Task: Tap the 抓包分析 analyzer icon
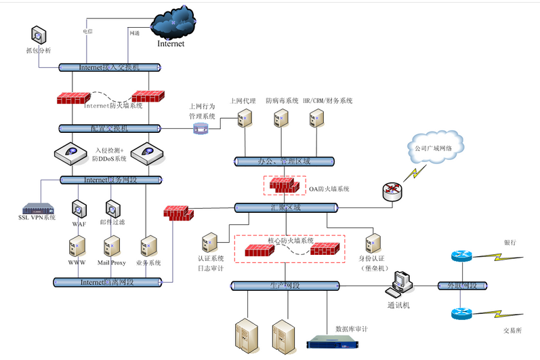click(38, 35)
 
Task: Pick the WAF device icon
click(77, 207)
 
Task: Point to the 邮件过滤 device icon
click(112, 207)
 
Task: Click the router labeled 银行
click(460, 256)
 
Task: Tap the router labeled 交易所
click(460, 314)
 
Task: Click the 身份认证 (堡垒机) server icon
click(372, 243)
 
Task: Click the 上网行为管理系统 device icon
click(201, 128)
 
